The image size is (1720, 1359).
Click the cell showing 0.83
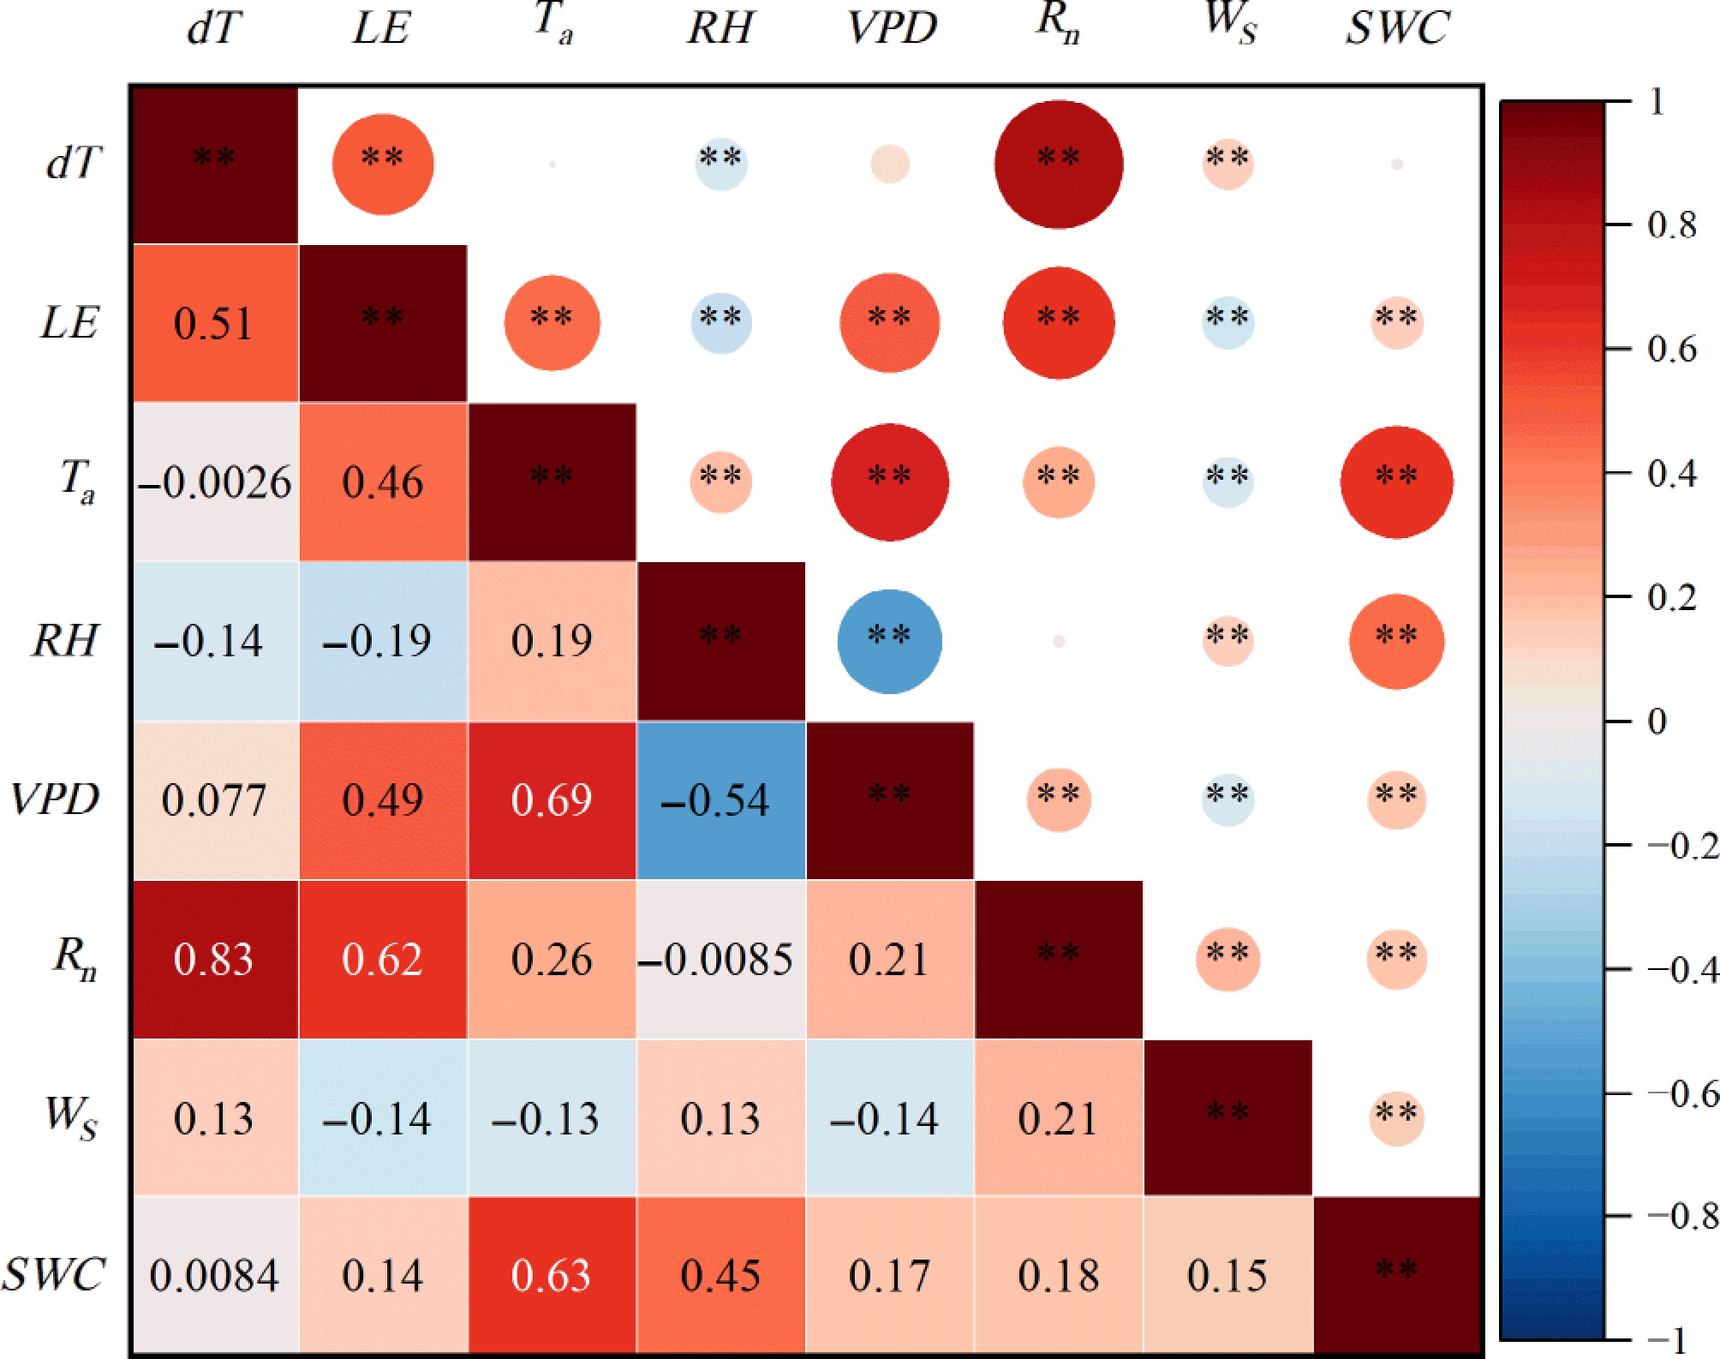[x=214, y=959]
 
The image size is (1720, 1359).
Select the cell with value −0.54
[x=720, y=800]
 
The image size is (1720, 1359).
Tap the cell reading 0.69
[x=552, y=800]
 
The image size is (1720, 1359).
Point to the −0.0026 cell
[x=214, y=482]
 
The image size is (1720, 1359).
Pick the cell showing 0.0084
[x=214, y=1276]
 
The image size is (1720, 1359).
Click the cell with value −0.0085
[x=720, y=959]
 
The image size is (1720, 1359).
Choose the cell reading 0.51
[x=214, y=324]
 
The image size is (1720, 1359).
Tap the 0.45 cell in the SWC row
[x=720, y=1276]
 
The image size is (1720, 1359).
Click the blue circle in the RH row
[x=889, y=641]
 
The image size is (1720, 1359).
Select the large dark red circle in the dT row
[x=1059, y=165]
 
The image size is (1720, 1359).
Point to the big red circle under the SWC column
[x=1396, y=482]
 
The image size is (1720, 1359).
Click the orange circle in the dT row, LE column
[x=383, y=165]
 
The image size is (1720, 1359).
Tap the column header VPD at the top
[x=891, y=28]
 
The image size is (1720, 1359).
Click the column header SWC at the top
[x=1396, y=28]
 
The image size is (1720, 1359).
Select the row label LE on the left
[x=70, y=324]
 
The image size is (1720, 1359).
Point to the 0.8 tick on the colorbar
[x=1671, y=225]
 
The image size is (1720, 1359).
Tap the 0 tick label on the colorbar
[x=1657, y=721]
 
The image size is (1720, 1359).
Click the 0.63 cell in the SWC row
[x=552, y=1276]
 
